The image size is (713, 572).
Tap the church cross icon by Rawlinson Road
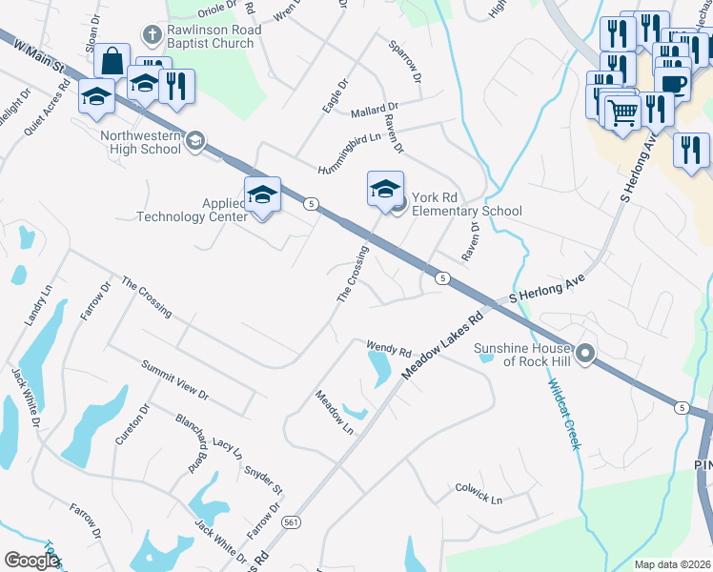tap(151, 35)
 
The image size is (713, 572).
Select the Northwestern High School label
tap(141, 142)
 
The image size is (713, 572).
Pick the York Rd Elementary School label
tap(466, 211)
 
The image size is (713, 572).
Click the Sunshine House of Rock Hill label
tap(526, 355)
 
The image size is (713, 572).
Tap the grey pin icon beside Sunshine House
tap(585, 355)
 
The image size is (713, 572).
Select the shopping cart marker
tap(622, 113)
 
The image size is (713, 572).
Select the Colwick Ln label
tap(479, 492)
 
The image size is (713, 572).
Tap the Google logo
tap(31, 561)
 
